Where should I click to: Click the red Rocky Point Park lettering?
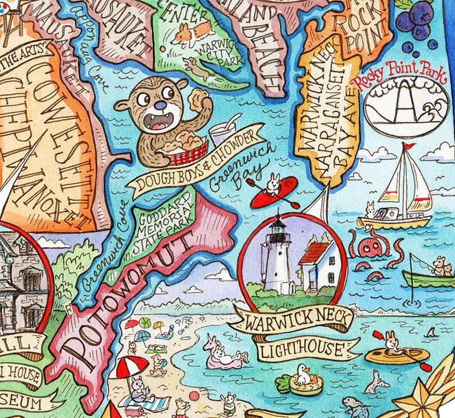pyautogui.click(x=399, y=77)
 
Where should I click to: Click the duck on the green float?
pyautogui.click(x=304, y=376)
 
